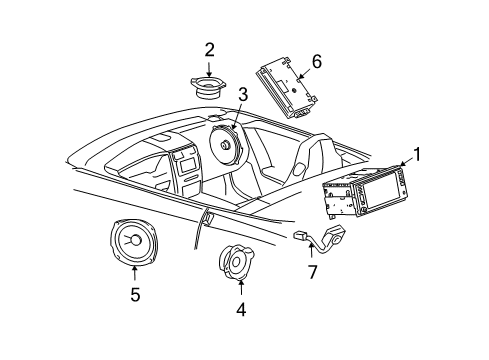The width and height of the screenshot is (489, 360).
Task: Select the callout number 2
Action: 209,49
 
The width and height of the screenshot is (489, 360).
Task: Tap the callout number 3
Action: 241,94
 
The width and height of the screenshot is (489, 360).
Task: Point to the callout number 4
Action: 240,309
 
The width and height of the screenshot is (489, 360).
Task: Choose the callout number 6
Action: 316,62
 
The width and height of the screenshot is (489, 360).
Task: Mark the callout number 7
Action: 312,272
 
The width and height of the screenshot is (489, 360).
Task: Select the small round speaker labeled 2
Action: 208,86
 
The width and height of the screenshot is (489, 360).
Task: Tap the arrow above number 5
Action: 135,275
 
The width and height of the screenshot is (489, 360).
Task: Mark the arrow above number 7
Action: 312,254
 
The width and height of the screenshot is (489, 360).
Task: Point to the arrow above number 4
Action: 240,291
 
